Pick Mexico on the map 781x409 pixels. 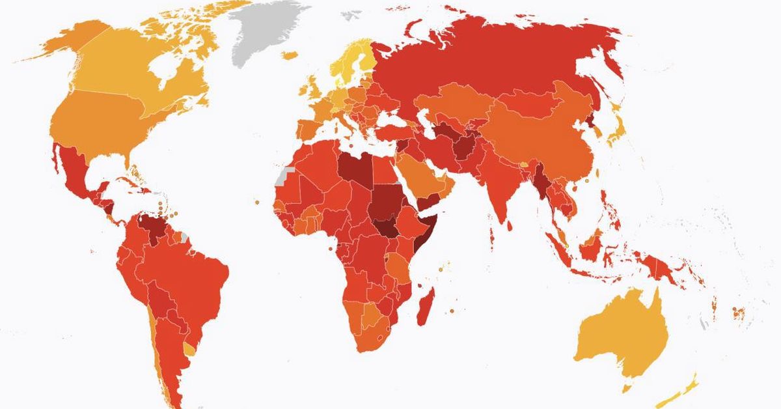point(75,169)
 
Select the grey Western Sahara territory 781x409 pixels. point(284,174)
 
